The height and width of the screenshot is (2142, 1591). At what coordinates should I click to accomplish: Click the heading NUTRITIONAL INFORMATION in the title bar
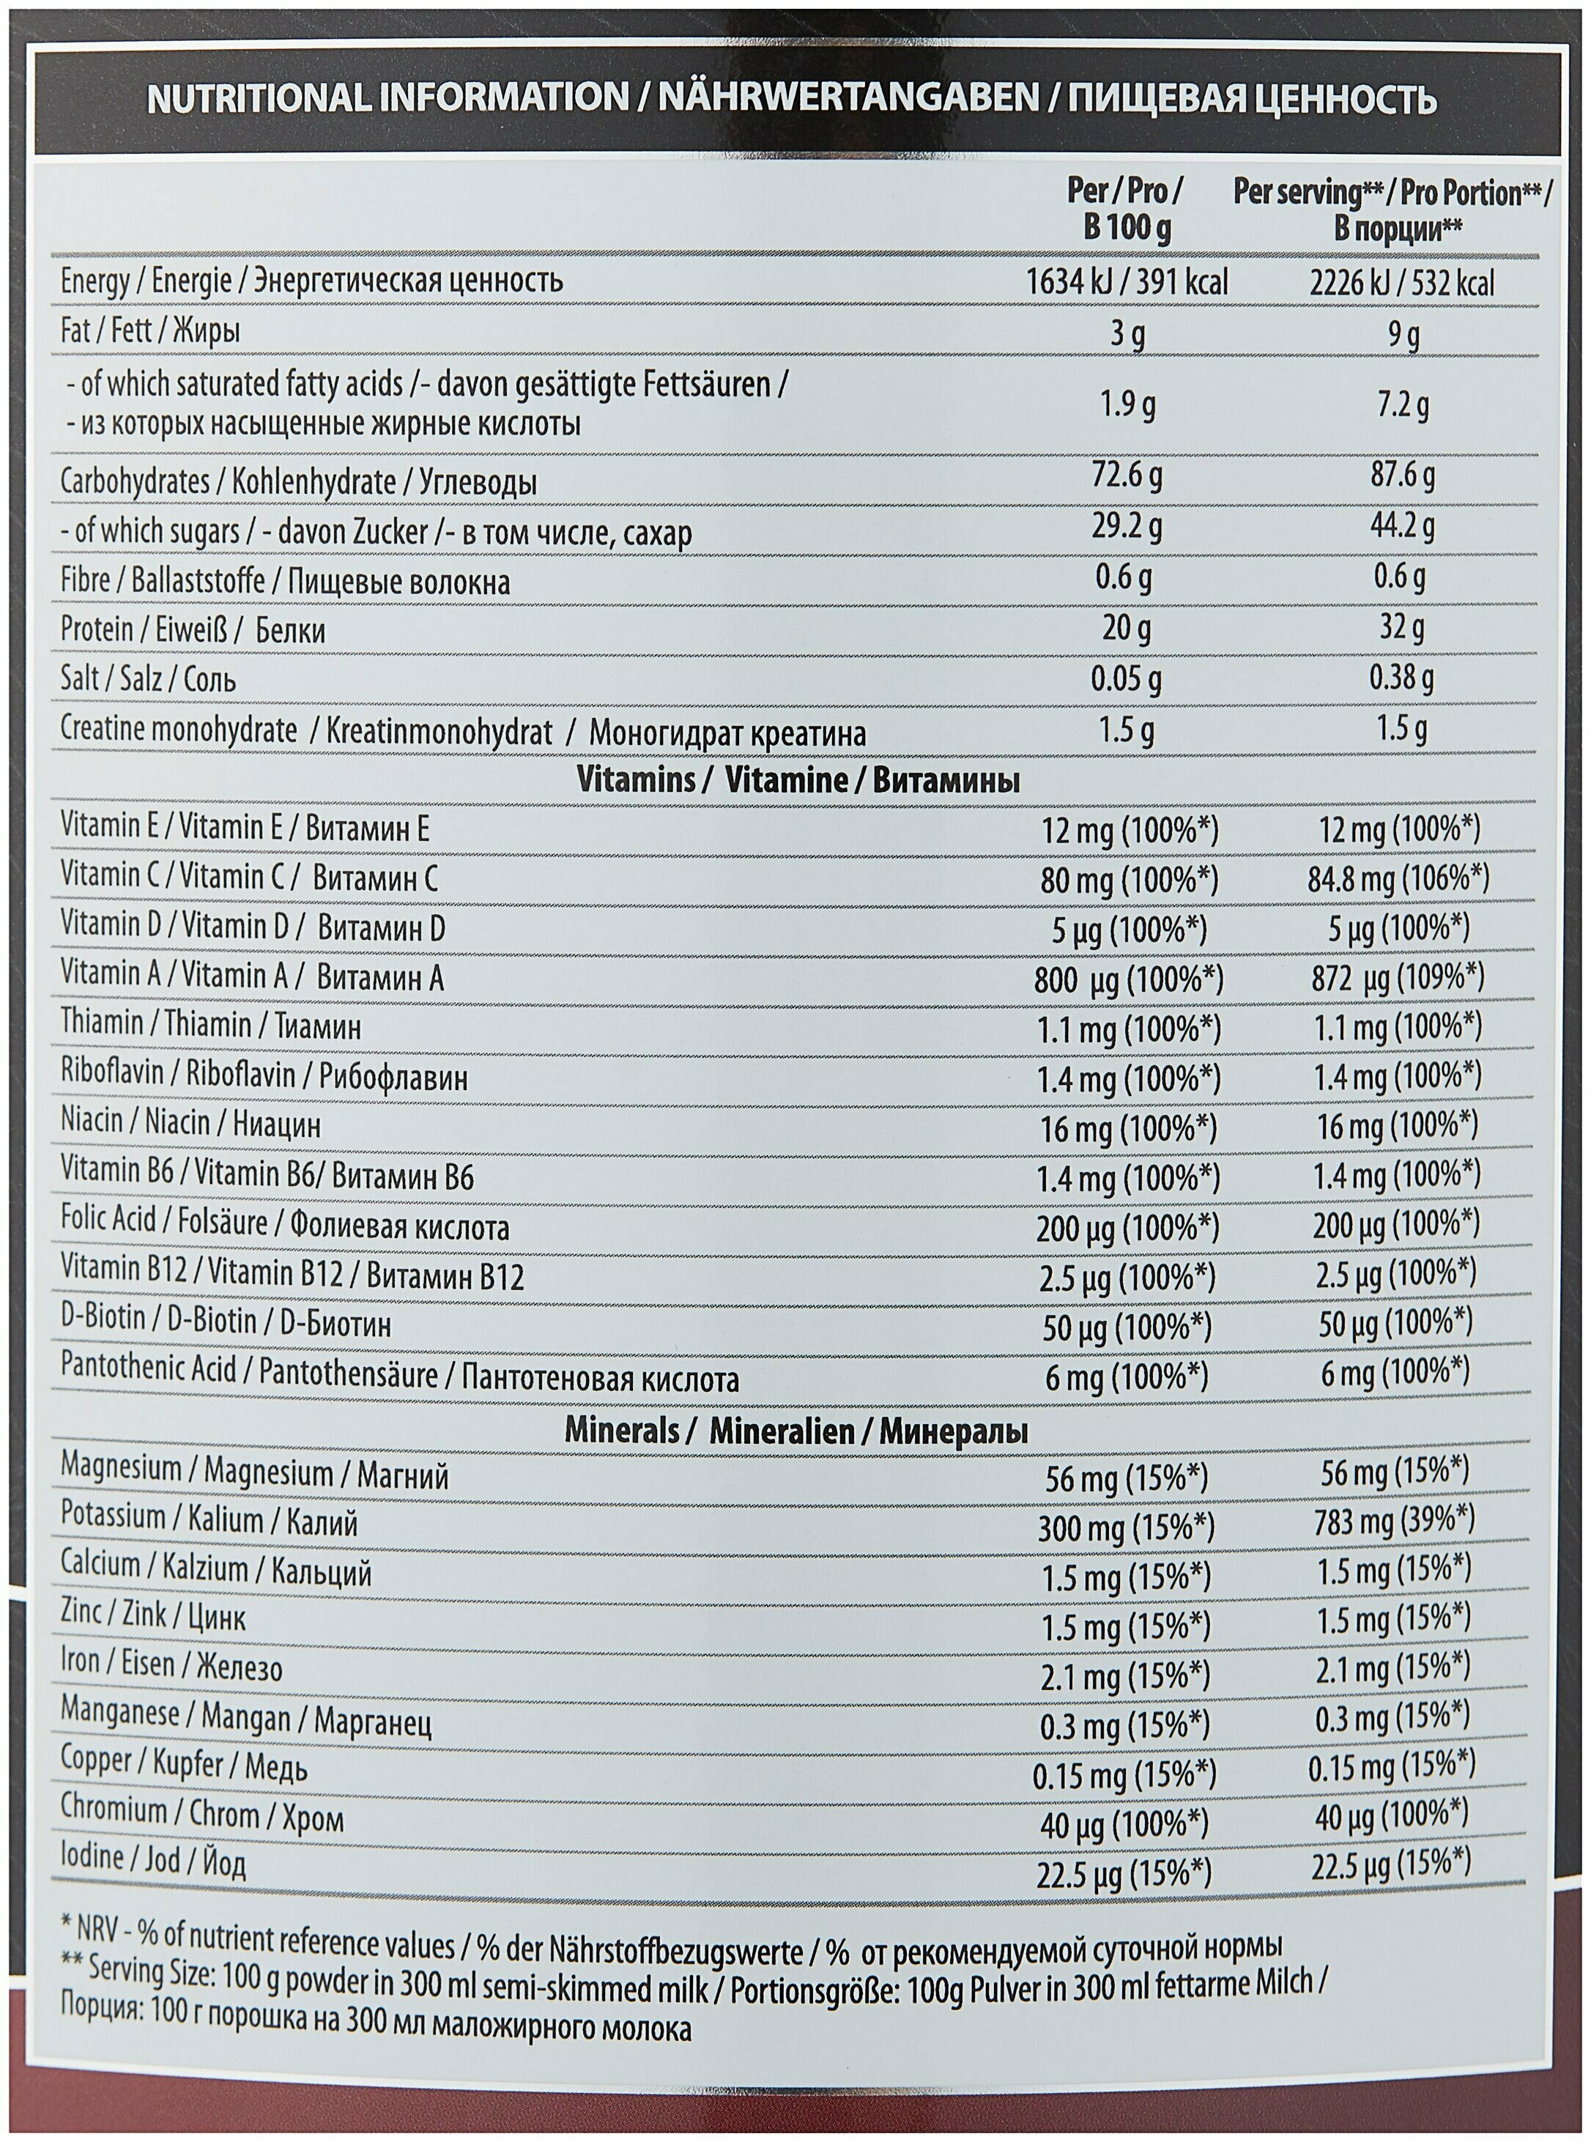click(x=386, y=98)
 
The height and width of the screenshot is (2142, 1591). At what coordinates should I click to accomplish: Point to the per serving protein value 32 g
click(x=1401, y=627)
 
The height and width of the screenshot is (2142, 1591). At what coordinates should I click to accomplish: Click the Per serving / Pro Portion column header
click(x=1391, y=210)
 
